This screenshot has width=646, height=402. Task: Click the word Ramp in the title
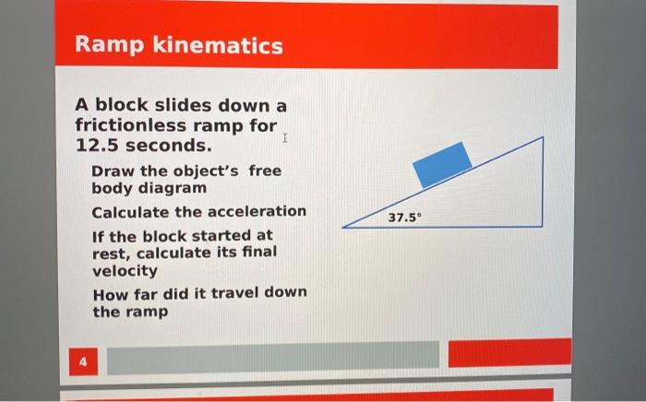point(102,44)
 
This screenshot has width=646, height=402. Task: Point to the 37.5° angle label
point(403,219)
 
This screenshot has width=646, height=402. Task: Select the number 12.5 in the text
point(97,146)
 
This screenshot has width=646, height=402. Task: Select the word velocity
point(125,271)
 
